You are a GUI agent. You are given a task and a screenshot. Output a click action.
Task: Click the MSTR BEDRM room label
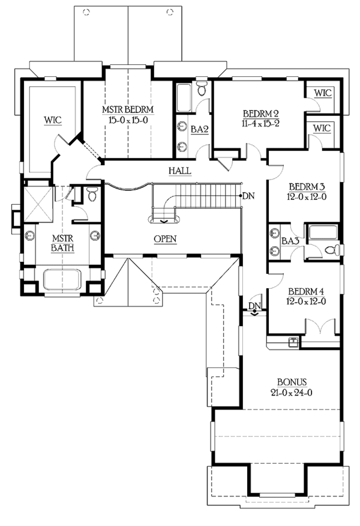[128, 109]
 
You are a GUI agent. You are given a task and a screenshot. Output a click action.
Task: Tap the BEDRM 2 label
[261, 113]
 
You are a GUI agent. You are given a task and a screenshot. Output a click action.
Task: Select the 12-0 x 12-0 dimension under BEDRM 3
[307, 197]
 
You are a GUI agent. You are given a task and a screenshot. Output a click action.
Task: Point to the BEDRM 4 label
[306, 291]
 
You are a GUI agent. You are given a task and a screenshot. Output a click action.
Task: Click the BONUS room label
[292, 382]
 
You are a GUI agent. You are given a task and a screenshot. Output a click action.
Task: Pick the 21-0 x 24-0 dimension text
[292, 392]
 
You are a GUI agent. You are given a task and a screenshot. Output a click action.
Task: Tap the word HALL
[179, 171]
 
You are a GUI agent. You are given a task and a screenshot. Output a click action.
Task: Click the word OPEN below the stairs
[165, 239]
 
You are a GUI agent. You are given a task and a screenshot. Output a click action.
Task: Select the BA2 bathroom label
[199, 129]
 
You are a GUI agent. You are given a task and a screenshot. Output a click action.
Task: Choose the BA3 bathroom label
[290, 241]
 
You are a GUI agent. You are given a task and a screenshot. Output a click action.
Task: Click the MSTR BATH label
[62, 243]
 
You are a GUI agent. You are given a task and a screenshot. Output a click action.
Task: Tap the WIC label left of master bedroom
[53, 120]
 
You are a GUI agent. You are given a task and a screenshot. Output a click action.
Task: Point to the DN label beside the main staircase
[248, 196]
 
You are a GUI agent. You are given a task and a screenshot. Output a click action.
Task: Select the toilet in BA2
[202, 88]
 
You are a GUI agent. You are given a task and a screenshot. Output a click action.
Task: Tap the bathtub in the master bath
[62, 279]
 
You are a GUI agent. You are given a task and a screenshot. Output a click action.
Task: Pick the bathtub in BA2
[184, 98]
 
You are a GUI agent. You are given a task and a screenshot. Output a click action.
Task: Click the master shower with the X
[38, 204]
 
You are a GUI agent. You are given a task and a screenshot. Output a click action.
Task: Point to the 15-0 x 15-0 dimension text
[128, 119]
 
